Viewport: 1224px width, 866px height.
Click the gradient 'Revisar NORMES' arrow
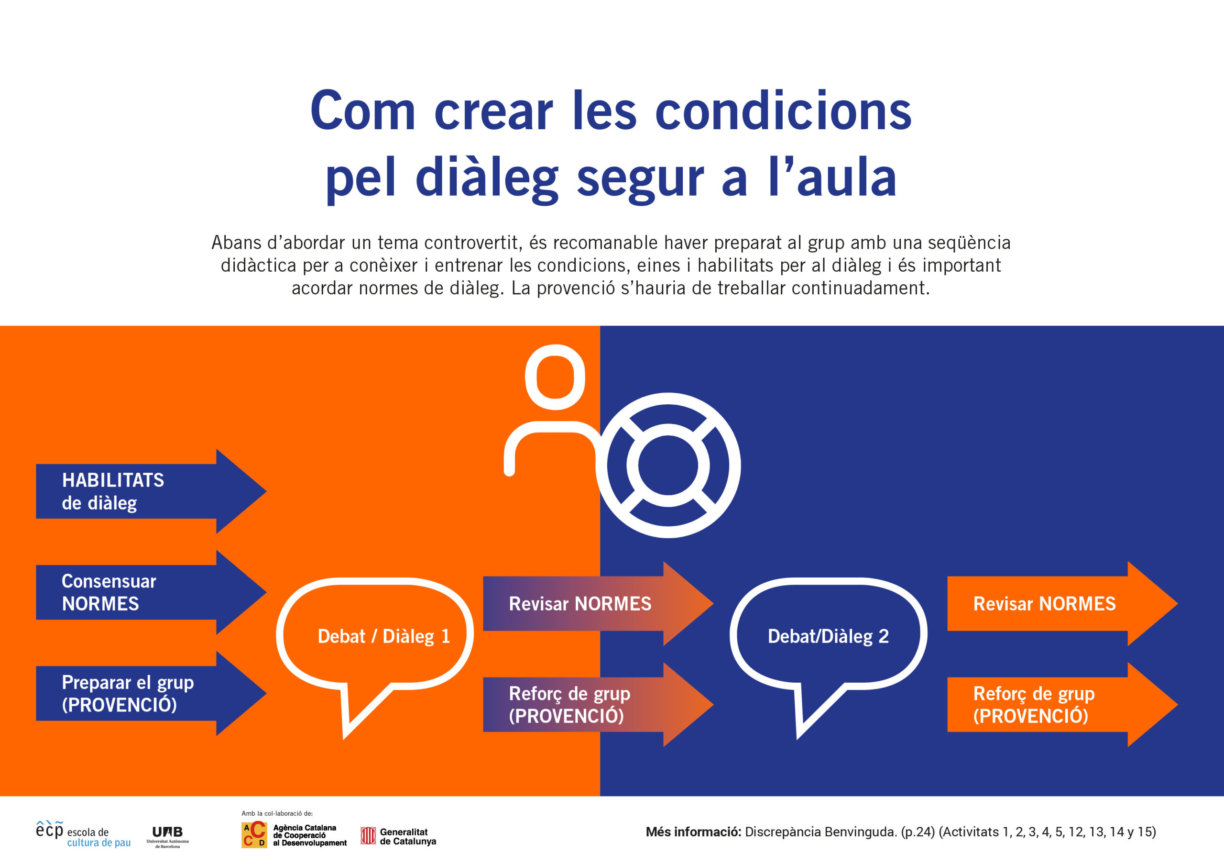(x=598, y=603)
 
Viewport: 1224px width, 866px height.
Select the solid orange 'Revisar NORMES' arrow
(x=1062, y=603)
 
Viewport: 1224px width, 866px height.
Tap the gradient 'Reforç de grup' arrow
(x=598, y=704)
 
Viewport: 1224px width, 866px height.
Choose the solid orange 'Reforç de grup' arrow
(x=1062, y=704)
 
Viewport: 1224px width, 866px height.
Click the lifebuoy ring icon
(x=668, y=400)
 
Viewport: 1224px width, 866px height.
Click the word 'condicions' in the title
(x=783, y=111)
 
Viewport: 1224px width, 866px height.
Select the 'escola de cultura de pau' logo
(x=83, y=834)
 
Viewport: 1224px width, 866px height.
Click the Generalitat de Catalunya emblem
(x=368, y=835)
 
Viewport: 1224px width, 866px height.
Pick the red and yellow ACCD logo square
(x=254, y=834)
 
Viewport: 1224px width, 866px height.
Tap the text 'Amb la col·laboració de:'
(x=277, y=814)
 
